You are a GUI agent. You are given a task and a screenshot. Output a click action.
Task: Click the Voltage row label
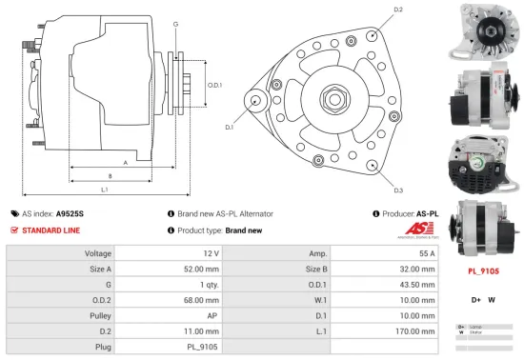(x=99, y=253)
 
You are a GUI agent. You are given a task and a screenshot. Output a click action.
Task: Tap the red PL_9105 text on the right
(x=485, y=270)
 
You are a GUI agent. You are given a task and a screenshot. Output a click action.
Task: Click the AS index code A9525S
(x=70, y=214)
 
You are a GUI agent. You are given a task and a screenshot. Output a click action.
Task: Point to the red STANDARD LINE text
(x=53, y=230)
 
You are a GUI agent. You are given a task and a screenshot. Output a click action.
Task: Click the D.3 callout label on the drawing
(x=398, y=190)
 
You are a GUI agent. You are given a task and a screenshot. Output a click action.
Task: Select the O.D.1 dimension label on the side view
(x=214, y=85)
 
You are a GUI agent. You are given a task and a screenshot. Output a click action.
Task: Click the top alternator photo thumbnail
(x=486, y=30)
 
